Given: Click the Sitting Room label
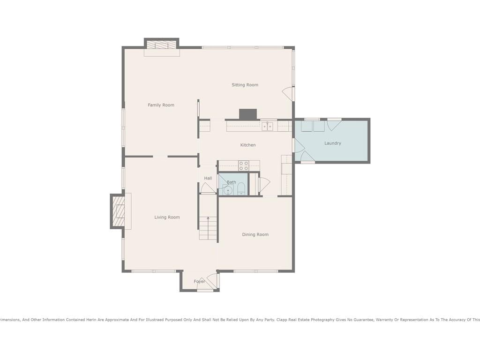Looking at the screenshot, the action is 245,85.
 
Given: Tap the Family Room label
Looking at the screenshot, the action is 161,105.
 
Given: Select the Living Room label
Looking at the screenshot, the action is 167,217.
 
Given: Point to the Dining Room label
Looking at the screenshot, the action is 255,234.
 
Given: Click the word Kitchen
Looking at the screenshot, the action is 247,145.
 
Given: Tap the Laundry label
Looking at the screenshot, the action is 332,143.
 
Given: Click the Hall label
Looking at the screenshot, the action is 208,178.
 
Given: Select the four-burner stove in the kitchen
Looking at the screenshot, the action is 244,166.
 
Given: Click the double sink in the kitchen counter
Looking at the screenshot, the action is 267,126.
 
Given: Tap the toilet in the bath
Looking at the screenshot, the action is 241,189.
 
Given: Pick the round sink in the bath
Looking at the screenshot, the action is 228,191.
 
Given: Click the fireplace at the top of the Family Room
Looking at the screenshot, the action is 161,45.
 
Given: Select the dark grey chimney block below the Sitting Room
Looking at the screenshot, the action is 247,114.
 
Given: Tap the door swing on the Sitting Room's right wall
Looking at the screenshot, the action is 287,93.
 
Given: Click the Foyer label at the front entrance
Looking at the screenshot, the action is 199,281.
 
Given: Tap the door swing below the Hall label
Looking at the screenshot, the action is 208,187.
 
